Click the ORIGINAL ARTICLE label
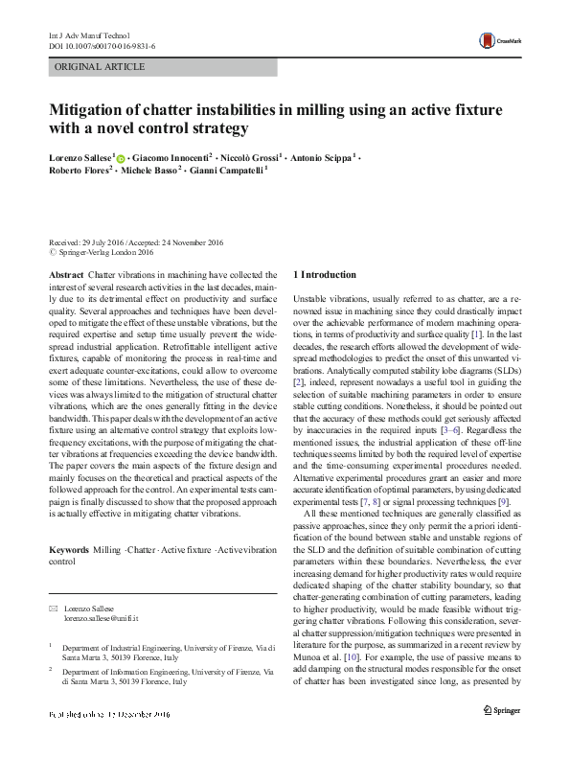[x=101, y=67]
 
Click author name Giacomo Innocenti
[x=173, y=157]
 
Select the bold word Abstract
[x=65, y=274]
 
